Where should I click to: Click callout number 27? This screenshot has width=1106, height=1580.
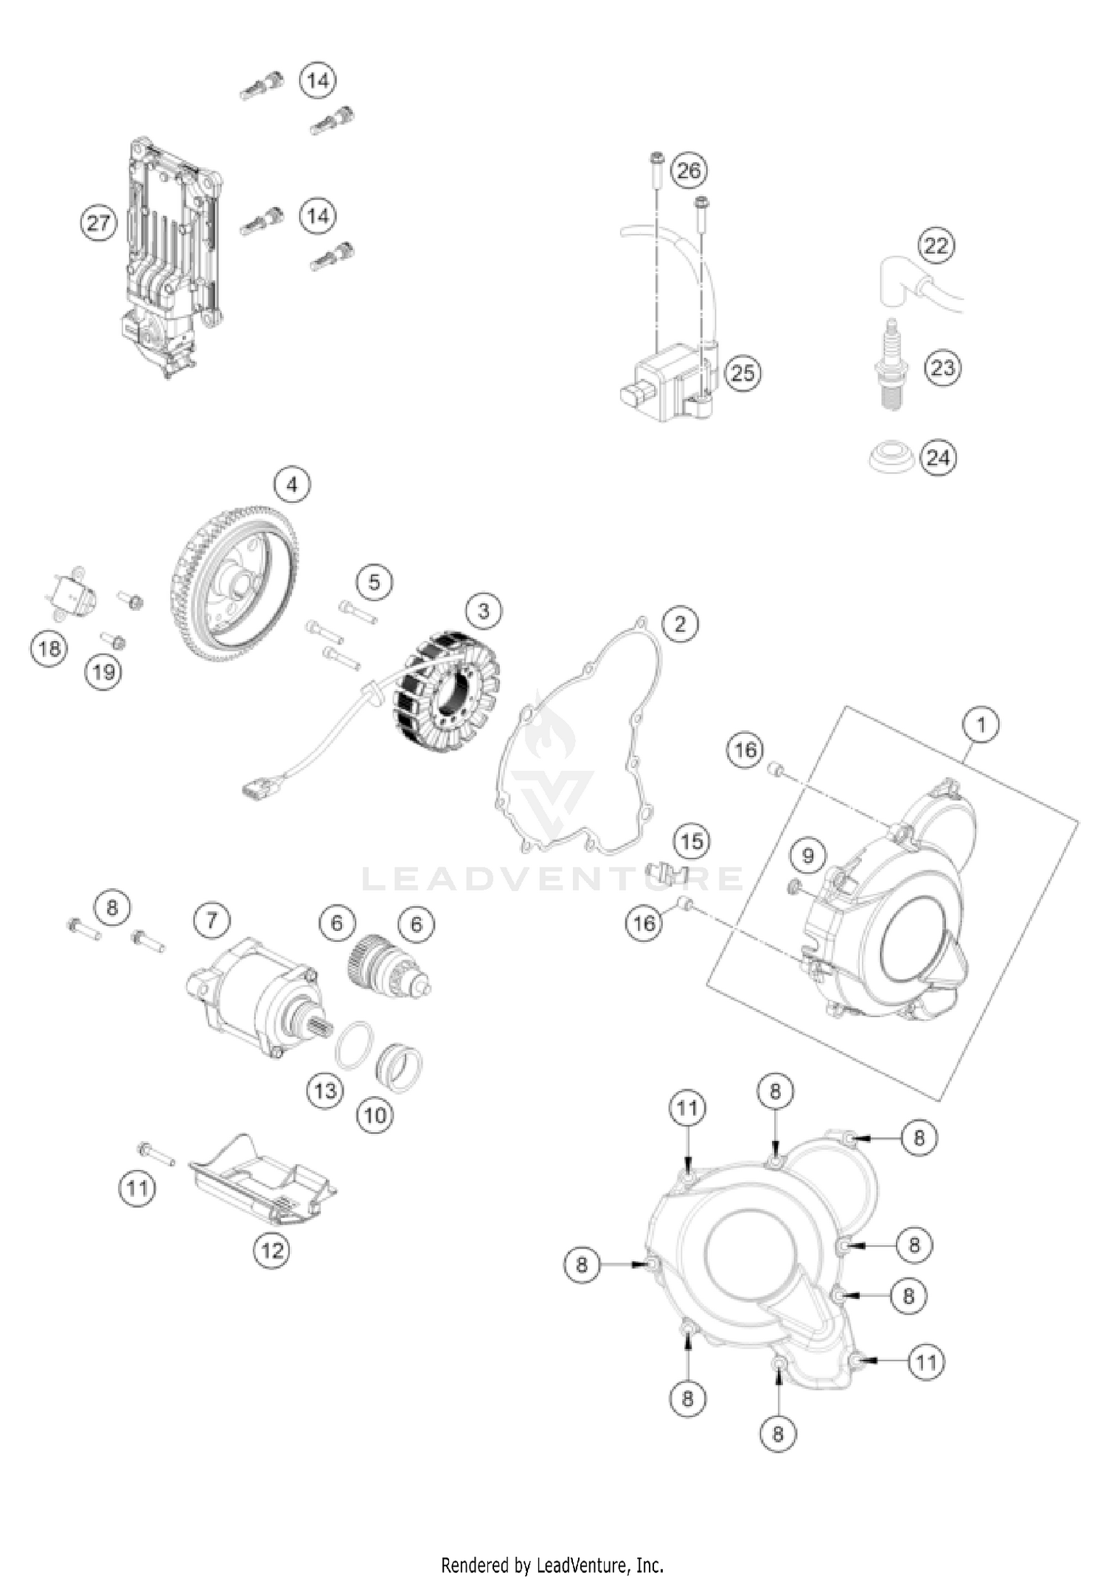98,223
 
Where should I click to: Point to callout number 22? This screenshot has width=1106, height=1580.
936,245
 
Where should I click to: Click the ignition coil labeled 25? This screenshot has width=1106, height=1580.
667,384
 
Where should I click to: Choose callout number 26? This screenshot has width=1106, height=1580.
689,171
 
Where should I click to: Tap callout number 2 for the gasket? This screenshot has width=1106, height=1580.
679,624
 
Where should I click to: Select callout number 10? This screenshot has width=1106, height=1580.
375,1114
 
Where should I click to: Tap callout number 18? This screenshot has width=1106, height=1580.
49,649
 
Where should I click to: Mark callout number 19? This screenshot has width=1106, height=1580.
104,671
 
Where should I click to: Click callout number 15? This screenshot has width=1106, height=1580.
691,842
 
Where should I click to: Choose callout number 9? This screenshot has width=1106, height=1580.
808,856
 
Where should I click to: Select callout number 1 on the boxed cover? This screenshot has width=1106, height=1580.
981,725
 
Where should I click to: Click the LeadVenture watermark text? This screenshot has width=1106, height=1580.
553,879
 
